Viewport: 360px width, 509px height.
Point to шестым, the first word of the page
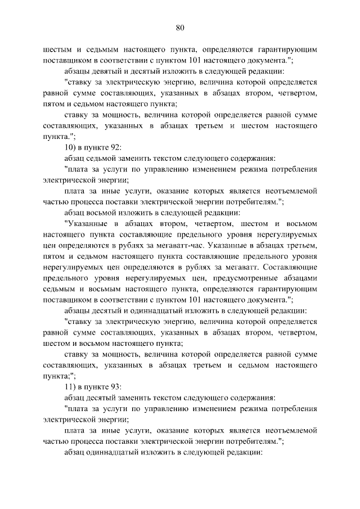57,49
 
